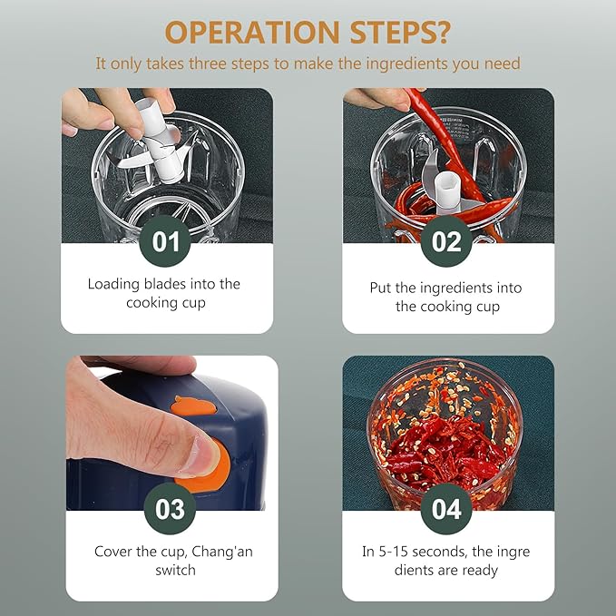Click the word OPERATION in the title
[x=252, y=32]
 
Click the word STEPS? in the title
[x=400, y=32]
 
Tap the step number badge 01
[x=165, y=241]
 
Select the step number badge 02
[x=446, y=241]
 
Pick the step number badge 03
[x=170, y=509]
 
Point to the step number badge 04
[x=446, y=509]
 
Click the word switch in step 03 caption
[x=175, y=570]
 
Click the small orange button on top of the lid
[x=193, y=406]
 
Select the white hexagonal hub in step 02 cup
[x=447, y=191]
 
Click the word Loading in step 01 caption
[x=113, y=285]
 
